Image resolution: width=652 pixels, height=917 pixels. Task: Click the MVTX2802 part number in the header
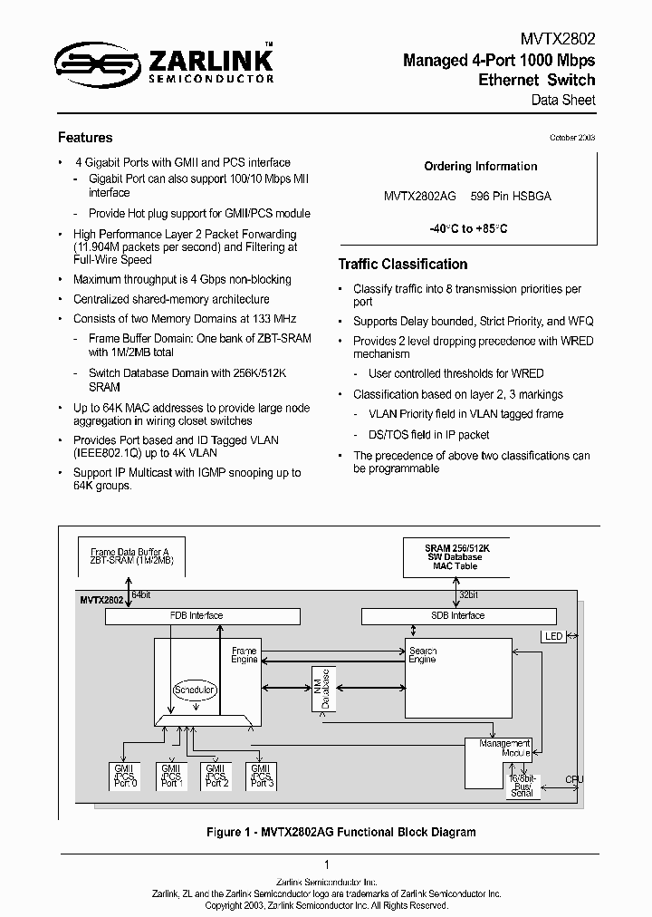point(558,40)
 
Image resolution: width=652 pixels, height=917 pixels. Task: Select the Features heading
point(85,138)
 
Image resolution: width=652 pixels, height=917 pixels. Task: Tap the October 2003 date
point(572,138)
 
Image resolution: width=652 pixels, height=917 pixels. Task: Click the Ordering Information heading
point(480,167)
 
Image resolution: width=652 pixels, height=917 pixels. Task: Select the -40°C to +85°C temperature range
point(468,229)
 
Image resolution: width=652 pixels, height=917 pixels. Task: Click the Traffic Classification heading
point(402,265)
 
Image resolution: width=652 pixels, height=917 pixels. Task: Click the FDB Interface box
point(202,616)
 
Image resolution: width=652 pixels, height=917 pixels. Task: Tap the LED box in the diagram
point(553,637)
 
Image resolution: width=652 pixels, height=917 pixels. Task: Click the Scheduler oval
point(195,690)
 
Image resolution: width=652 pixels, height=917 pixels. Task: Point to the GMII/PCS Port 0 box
point(124,776)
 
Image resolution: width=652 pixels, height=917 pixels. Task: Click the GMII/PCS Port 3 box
point(263,776)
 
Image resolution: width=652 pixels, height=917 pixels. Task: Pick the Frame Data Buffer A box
point(129,556)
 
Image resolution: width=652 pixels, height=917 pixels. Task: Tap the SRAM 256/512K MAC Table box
point(455,555)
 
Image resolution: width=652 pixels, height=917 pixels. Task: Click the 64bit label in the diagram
point(142,594)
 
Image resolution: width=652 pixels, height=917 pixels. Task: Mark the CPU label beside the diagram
point(574,779)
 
